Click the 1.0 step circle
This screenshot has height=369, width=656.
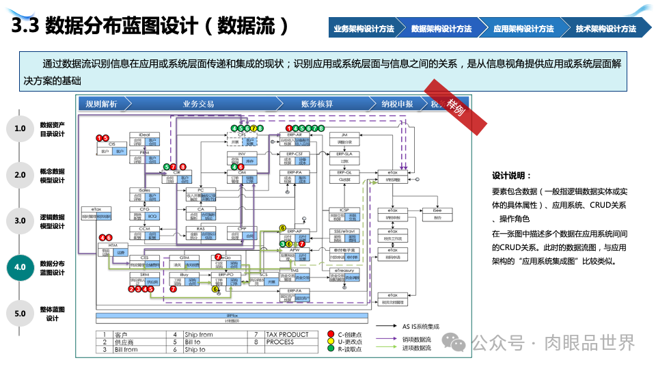point(20,128)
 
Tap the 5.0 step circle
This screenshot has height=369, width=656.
point(20,314)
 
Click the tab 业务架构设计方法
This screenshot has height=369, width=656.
point(364,29)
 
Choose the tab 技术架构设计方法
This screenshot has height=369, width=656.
point(605,29)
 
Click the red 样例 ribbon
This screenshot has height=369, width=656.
point(456,106)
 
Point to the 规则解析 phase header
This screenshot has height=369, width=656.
point(102,104)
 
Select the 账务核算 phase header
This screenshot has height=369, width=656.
point(317,104)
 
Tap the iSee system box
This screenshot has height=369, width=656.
point(437,214)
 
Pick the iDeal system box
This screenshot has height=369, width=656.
point(144,139)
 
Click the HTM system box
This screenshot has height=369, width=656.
point(113,248)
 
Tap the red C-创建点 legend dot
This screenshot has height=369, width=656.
point(330,334)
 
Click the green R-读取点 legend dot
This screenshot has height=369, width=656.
point(330,349)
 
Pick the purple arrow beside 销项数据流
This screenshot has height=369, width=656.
point(383,338)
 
